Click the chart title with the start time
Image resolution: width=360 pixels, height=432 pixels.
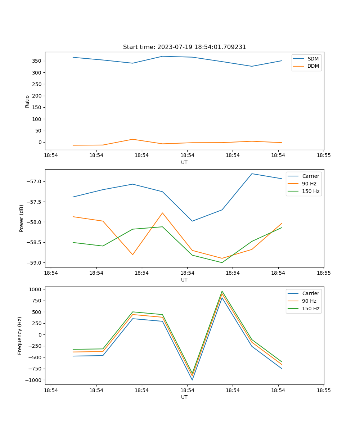pyautogui.click(x=184, y=47)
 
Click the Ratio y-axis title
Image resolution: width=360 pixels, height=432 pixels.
pyautogui.click(x=27, y=101)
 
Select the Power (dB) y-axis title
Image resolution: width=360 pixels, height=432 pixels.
pyautogui.click(x=22, y=218)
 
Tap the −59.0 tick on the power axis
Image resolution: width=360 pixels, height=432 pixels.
pyautogui.click(x=34, y=263)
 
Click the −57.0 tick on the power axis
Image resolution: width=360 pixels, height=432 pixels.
pyautogui.click(x=34, y=181)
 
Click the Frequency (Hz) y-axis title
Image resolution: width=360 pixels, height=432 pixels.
pyautogui.click(x=20, y=336)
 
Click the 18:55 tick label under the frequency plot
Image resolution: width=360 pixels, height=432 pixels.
pyautogui.click(x=324, y=390)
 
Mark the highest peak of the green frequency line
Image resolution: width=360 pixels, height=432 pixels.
pyautogui.click(x=222, y=291)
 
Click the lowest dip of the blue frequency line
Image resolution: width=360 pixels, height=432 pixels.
pyautogui.click(x=192, y=380)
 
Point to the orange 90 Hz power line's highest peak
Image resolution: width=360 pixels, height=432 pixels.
pyautogui.click(x=162, y=213)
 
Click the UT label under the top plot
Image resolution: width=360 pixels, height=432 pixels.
pyautogui.click(x=184, y=162)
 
